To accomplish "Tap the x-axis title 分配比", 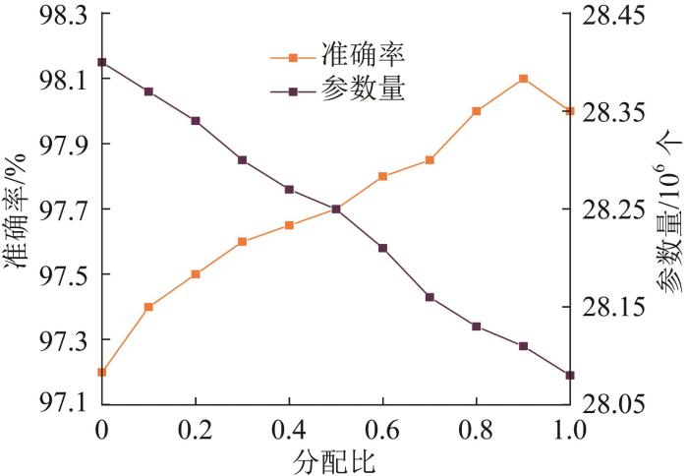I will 335,459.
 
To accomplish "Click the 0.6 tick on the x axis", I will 382,431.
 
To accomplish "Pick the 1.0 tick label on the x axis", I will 570,431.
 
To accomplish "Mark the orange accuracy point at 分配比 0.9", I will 523,79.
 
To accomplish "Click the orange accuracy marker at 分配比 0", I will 101,372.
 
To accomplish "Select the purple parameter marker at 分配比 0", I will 101,62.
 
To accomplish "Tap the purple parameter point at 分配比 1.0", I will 570,375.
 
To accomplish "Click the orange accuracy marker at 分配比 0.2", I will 196,274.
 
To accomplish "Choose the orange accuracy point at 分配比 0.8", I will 476,111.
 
